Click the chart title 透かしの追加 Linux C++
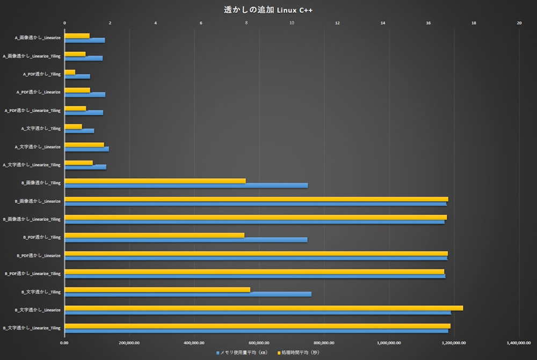(268, 10)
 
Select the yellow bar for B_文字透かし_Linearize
(263, 308)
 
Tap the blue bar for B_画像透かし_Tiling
(186, 186)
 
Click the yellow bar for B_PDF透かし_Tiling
(154, 235)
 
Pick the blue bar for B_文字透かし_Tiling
(187, 294)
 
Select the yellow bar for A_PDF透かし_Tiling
(70, 72)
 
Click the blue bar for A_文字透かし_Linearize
(86, 149)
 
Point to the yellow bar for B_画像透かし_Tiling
(155, 181)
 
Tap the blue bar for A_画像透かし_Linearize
(84, 40)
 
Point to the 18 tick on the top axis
(474, 23)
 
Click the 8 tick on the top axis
(246, 23)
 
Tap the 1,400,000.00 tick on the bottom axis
(519, 342)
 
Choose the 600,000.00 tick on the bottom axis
(259, 342)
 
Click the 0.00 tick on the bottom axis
(64, 342)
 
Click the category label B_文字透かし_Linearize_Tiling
(32, 328)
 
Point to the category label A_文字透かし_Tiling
(41, 128)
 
